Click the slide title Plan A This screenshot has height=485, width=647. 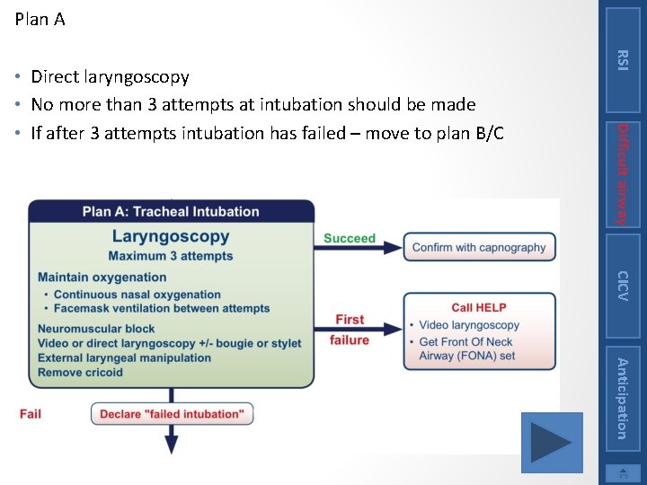pyautogui.click(x=40, y=19)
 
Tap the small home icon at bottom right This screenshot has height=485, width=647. pyautogui.click(x=623, y=474)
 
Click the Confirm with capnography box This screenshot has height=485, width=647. pyautogui.click(x=479, y=247)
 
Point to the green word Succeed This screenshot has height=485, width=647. pyautogui.click(x=350, y=238)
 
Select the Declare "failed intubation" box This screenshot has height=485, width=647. pyautogui.click(x=172, y=414)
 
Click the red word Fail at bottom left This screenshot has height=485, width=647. pyautogui.click(x=31, y=414)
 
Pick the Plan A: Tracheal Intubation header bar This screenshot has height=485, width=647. pyautogui.click(x=171, y=212)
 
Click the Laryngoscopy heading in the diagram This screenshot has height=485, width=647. pyautogui.click(x=171, y=237)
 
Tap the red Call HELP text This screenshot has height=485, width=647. pyautogui.click(x=479, y=307)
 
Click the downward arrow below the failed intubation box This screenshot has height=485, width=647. pyautogui.click(x=172, y=439)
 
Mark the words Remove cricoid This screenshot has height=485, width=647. pyautogui.click(x=80, y=372)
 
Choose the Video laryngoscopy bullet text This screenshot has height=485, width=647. pyautogui.click(x=469, y=325)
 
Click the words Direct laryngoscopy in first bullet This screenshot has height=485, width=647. pyautogui.click(x=110, y=77)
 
